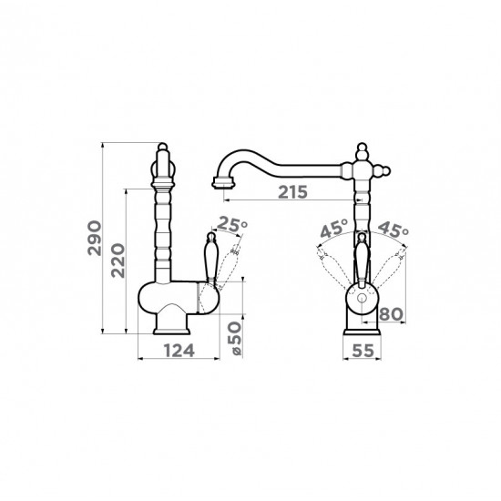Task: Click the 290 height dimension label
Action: [x=95, y=238]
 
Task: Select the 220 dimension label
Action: [x=118, y=261]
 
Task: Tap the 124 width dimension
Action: [x=179, y=351]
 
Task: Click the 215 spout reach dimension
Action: [x=292, y=192]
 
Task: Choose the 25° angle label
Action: [x=233, y=225]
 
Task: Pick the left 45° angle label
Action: [x=334, y=229]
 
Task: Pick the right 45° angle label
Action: [x=393, y=229]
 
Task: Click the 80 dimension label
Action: [x=391, y=314]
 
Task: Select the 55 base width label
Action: [x=363, y=351]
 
